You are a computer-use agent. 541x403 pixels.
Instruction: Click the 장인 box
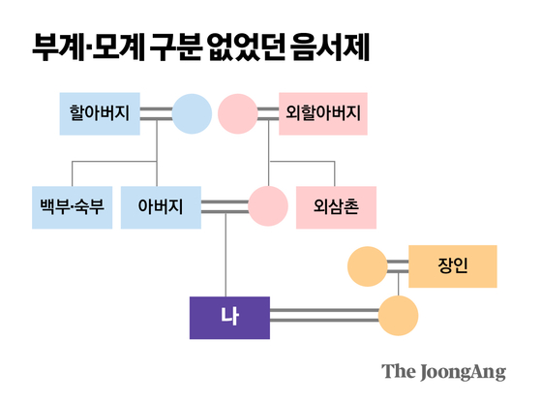click(452, 264)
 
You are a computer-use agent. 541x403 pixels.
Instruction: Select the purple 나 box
click(229, 316)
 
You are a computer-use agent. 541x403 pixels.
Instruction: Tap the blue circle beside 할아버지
click(192, 111)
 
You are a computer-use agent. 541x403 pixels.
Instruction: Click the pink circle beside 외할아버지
click(238, 111)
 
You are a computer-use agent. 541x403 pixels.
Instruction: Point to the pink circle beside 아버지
click(268, 205)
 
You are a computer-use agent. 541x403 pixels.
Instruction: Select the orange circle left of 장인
click(367, 264)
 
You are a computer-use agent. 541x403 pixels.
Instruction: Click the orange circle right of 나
click(398, 316)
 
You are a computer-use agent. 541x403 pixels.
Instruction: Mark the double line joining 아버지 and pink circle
click(225, 205)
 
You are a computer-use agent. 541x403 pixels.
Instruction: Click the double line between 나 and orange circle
click(323, 316)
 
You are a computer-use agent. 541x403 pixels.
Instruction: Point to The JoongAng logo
click(443, 371)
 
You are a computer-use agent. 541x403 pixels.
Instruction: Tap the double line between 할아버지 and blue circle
click(157, 111)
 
